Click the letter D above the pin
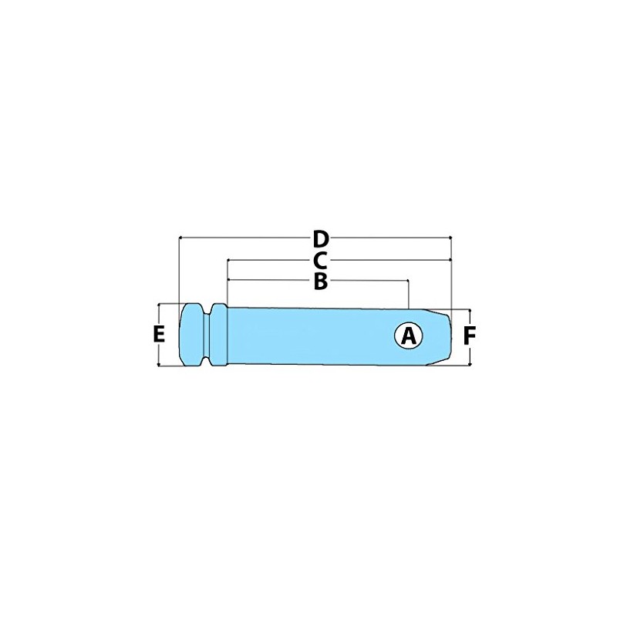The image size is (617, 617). pos(322,238)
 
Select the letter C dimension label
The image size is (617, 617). pos(322,261)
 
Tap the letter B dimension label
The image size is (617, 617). pos(321,282)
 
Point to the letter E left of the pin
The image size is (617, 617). pos(159,335)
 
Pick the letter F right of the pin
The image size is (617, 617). pos(469,335)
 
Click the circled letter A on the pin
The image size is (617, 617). pos(409,335)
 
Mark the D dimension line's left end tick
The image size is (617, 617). pos(179,238)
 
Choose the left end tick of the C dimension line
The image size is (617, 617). pos(228,261)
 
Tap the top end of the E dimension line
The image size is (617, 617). pos(159,304)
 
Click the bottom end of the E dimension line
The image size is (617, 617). pos(159,366)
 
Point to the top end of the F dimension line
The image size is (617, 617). pos(470,309)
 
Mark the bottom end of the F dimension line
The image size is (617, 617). pos(470,365)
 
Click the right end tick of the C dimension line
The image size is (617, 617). pos(450,261)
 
